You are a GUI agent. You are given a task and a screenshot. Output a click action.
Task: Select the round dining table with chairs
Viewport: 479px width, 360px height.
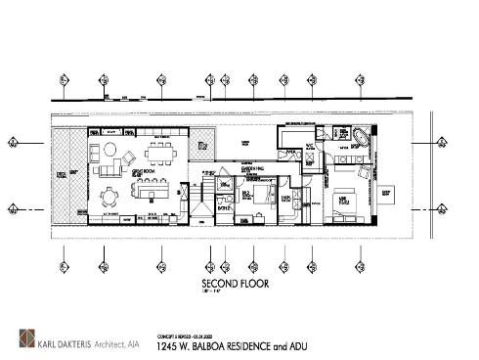pos(110,194)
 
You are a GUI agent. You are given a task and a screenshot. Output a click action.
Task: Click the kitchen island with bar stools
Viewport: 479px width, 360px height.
pos(150,193)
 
